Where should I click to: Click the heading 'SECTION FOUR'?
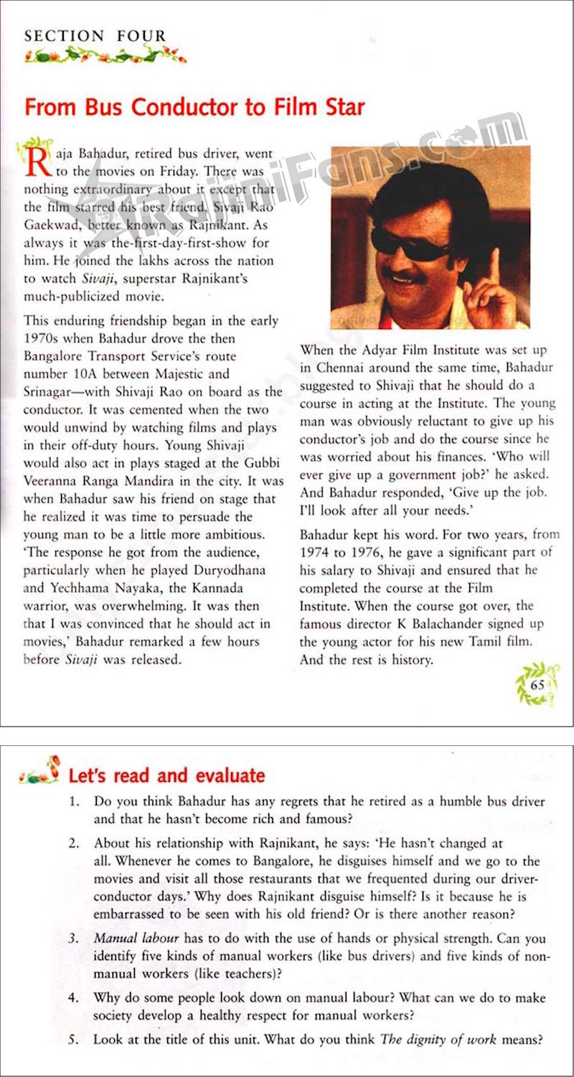[x=95, y=36]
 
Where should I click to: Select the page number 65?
[x=537, y=684]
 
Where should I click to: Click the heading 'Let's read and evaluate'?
[x=166, y=776]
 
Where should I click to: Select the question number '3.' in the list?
[x=73, y=938]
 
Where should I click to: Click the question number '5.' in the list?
[x=73, y=1039]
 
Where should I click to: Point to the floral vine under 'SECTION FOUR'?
[x=105, y=55]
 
